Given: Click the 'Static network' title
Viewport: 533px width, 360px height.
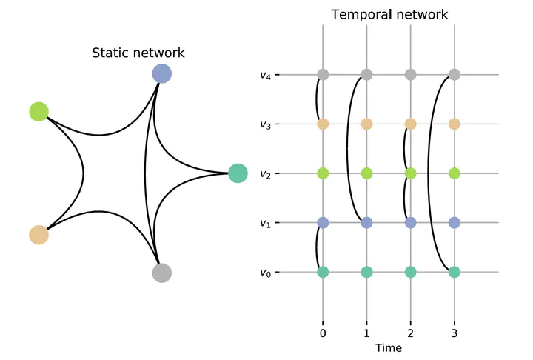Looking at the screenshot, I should tap(138, 53).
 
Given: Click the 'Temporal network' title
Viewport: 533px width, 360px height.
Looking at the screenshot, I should tap(389, 15).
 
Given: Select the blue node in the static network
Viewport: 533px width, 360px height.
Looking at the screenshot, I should tap(161, 73).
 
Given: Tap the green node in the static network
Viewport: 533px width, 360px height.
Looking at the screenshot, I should tap(38, 112).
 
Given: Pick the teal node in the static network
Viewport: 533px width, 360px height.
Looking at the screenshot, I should tap(237, 173).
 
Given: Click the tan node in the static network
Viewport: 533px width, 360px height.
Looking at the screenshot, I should tap(38, 235).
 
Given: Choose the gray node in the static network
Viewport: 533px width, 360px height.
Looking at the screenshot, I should tap(161, 273).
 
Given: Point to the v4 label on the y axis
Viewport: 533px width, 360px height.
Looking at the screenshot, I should tap(265, 75).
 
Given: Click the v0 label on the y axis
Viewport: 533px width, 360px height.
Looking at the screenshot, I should tap(265, 273).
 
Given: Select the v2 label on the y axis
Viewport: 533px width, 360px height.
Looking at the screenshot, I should tap(265, 174).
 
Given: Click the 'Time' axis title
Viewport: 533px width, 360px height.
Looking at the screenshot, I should tap(389, 347).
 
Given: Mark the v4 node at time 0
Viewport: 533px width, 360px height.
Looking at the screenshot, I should tap(323, 75).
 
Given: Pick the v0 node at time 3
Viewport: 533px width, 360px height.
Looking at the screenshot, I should tap(455, 272).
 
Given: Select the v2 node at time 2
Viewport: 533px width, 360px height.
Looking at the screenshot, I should tap(411, 173).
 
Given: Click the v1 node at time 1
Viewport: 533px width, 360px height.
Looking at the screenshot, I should tap(366, 223).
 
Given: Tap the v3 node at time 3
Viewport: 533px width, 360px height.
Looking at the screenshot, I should tap(455, 124).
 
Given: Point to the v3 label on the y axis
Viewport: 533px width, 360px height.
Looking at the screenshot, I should tap(265, 124).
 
